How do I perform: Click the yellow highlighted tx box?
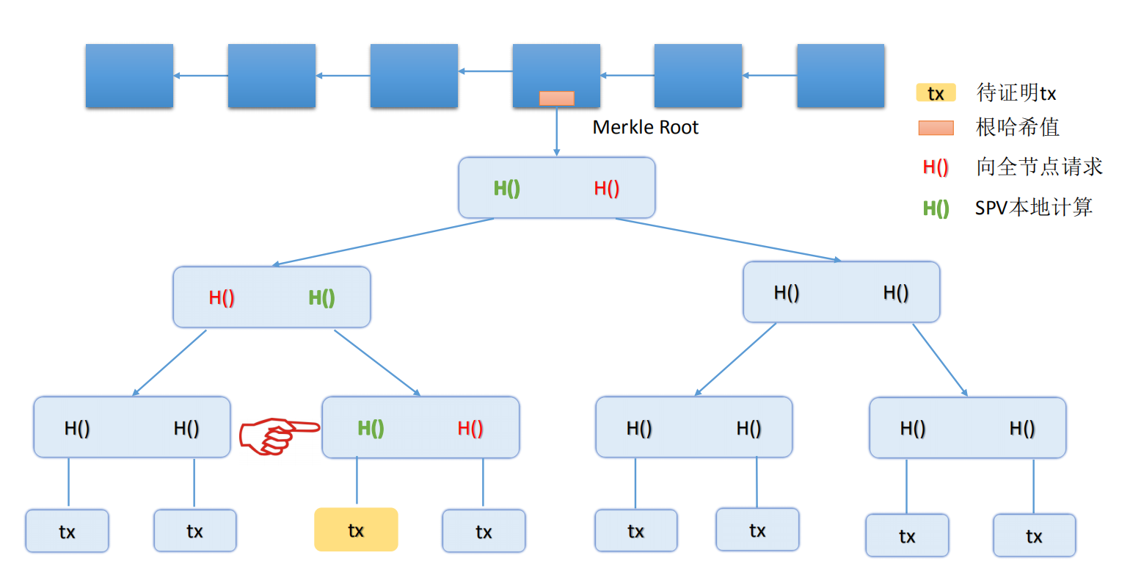(x=356, y=529)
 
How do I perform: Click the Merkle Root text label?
(x=645, y=128)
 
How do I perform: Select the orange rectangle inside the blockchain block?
(x=556, y=98)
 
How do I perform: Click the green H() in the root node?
(x=506, y=188)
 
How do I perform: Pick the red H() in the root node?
(x=606, y=188)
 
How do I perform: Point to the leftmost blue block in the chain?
(x=129, y=76)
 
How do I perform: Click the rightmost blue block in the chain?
(x=840, y=76)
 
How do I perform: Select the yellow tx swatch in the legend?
(x=936, y=93)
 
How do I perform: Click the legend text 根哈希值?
(x=1017, y=128)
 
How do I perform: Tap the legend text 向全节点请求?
(x=1039, y=167)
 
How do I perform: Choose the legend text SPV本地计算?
(x=1033, y=208)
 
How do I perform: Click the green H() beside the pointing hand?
(x=371, y=428)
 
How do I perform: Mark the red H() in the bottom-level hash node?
(x=470, y=428)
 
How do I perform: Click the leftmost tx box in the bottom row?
(x=67, y=532)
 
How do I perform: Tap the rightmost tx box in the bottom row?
(x=1034, y=536)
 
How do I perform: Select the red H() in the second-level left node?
(x=222, y=297)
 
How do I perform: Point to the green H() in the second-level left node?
(x=321, y=297)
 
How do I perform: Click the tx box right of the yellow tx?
(x=484, y=532)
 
